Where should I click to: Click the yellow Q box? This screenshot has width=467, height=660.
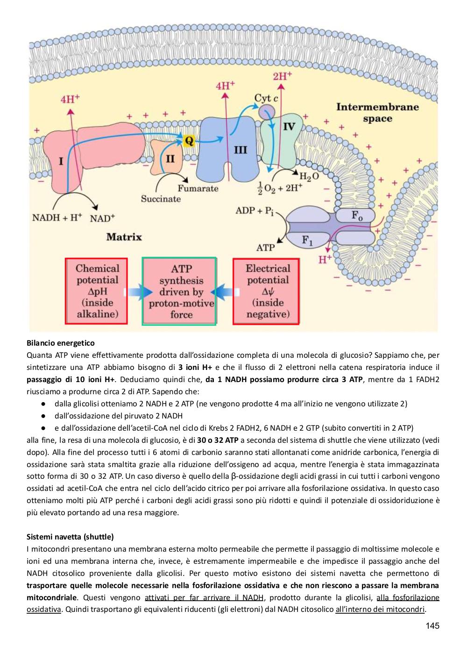click(x=189, y=141)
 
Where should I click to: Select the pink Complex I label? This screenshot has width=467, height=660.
click(x=61, y=162)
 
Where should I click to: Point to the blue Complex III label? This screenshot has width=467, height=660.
click(x=240, y=150)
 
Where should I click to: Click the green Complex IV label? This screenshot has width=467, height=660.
click(x=289, y=127)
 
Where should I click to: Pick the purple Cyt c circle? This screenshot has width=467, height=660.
click(x=267, y=111)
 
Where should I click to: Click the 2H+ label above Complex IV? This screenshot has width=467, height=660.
click(x=282, y=76)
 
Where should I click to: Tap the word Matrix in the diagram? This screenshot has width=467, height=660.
click(x=124, y=237)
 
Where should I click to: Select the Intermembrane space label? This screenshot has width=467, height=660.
click(x=377, y=112)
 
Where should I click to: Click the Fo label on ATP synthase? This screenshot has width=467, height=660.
click(x=357, y=216)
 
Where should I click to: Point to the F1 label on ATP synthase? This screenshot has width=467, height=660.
click(x=307, y=241)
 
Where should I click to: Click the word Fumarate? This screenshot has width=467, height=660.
click(x=198, y=188)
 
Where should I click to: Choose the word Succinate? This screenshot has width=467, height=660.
click(x=161, y=199)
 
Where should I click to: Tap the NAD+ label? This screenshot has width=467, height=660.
click(x=102, y=218)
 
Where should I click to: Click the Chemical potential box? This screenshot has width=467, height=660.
click(x=96, y=291)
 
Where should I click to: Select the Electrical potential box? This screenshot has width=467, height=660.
click(x=266, y=291)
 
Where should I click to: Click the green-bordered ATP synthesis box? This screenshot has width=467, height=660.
click(x=179, y=291)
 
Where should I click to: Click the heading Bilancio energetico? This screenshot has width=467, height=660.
click(x=60, y=343)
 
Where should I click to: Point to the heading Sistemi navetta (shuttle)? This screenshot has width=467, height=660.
click(x=70, y=537)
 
